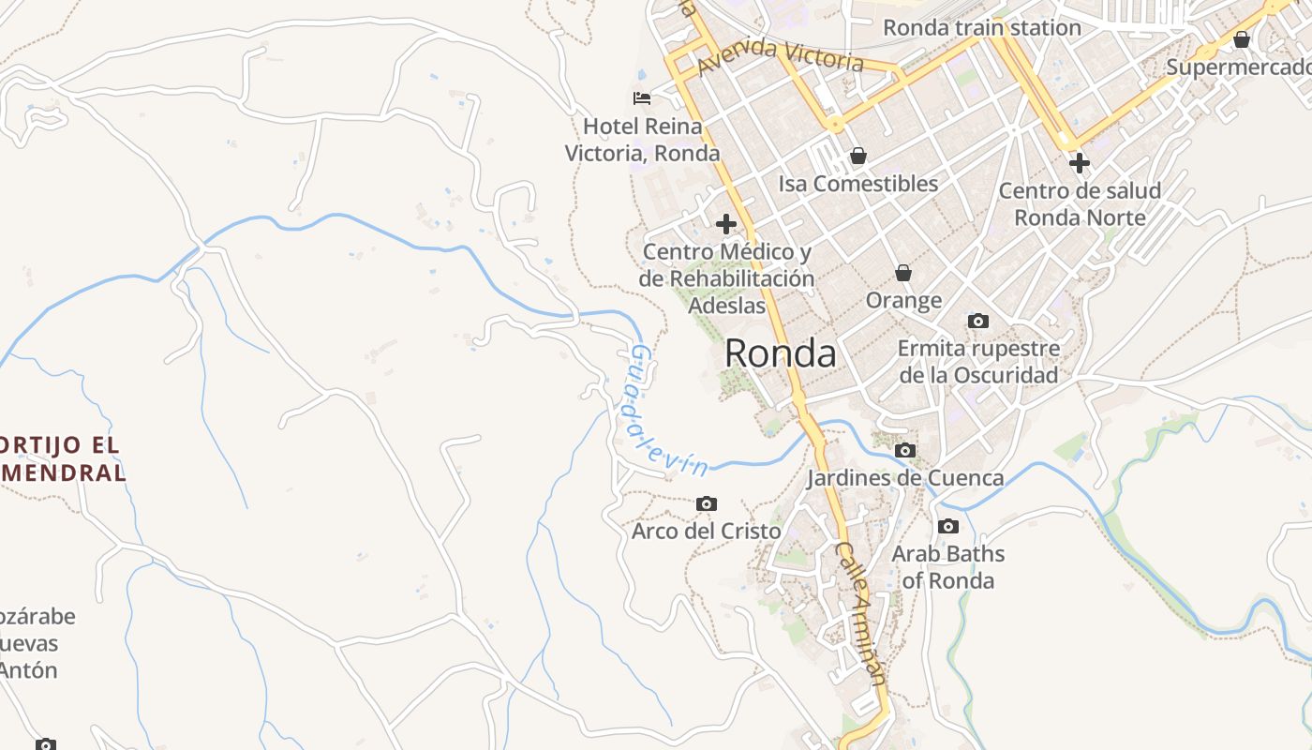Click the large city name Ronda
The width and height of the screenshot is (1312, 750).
click(x=781, y=354)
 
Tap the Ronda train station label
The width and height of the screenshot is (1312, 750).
click(x=982, y=27)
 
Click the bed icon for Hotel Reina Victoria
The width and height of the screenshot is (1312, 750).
click(x=642, y=97)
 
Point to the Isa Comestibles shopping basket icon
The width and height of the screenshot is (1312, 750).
click(x=857, y=156)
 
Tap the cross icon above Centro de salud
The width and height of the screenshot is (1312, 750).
click(x=1079, y=163)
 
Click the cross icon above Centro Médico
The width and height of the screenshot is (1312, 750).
click(x=725, y=224)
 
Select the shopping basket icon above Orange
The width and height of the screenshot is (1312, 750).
click(x=903, y=273)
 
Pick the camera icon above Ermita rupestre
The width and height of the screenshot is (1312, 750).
click(x=977, y=321)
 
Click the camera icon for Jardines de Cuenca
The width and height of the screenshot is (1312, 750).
click(x=904, y=450)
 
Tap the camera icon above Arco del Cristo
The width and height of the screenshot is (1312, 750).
click(x=707, y=503)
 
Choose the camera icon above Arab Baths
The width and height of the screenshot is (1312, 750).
click(x=947, y=526)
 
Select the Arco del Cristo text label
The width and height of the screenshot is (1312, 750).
click(x=706, y=532)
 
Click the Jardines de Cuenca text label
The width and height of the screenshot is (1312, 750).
click(x=905, y=478)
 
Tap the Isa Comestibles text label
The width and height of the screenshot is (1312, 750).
click(x=857, y=184)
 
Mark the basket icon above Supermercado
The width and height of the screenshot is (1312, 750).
click(x=1241, y=39)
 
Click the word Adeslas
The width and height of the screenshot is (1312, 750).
click(x=726, y=306)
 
